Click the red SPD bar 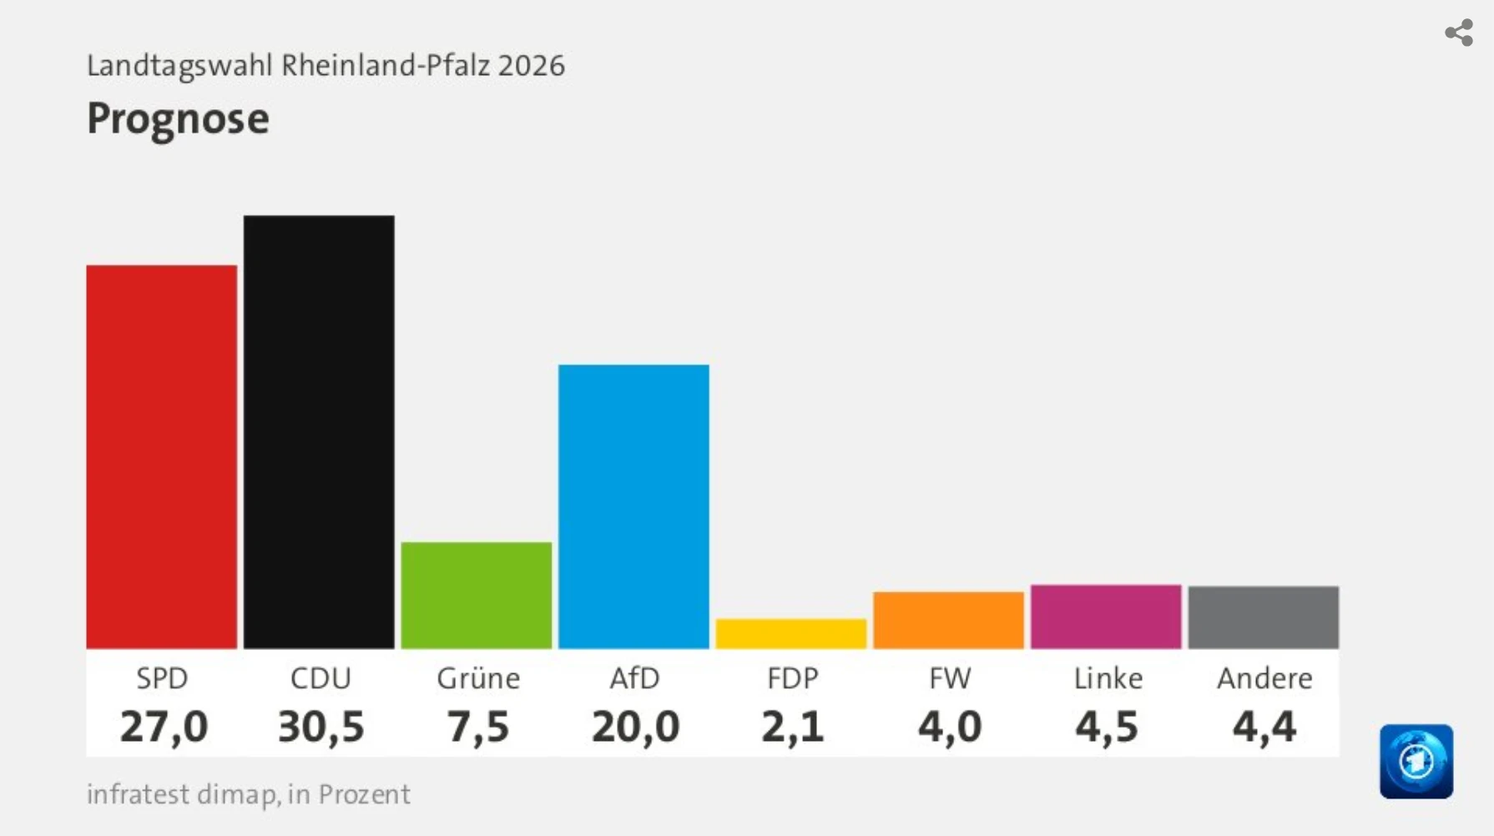pyautogui.click(x=161, y=456)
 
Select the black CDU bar pyautogui.click(x=319, y=431)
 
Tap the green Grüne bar pyautogui.click(x=476, y=595)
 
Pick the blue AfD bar pyautogui.click(x=633, y=506)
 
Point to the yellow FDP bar pyautogui.click(x=790, y=633)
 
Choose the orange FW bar pyautogui.click(x=948, y=620)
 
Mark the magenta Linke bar pyautogui.click(x=1106, y=617)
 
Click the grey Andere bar pyautogui.click(x=1263, y=617)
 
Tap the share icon pyautogui.click(x=1458, y=33)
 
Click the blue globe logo pyautogui.click(x=1416, y=761)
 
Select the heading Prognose pyautogui.click(x=178, y=118)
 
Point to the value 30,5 pyautogui.click(x=321, y=726)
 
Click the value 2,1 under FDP pyautogui.click(x=792, y=726)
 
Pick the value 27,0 pyautogui.click(x=164, y=726)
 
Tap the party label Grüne pyautogui.click(x=478, y=678)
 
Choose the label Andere pyautogui.click(x=1264, y=678)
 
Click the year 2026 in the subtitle pyautogui.click(x=532, y=65)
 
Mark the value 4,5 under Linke pyautogui.click(x=1107, y=726)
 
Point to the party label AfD pyautogui.click(x=634, y=678)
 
